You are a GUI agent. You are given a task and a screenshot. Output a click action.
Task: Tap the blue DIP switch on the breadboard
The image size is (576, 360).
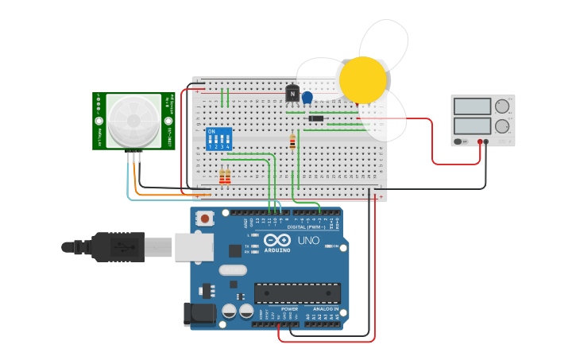(218, 139)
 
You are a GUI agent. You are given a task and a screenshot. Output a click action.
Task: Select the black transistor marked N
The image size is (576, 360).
(292, 95)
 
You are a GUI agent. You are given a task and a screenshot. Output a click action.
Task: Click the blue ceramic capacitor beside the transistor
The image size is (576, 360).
(307, 98)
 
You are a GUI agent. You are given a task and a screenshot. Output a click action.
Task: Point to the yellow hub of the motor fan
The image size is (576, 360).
(362, 79)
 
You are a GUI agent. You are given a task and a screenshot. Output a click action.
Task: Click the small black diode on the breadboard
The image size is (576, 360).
(315, 119)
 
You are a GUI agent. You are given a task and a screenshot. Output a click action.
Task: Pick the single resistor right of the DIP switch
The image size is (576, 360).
(292, 143)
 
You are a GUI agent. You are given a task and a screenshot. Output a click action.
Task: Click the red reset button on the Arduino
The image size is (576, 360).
(205, 218)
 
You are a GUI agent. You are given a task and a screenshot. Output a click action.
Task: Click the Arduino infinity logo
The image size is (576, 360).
(277, 240)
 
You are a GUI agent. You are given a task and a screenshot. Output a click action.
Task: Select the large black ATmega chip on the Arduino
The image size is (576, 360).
(297, 293)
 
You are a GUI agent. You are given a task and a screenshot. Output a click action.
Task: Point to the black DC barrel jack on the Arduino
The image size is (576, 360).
(200, 314)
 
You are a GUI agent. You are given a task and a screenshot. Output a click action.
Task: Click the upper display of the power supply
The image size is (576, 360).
(472, 106)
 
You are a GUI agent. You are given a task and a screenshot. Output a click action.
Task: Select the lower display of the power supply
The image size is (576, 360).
(472, 126)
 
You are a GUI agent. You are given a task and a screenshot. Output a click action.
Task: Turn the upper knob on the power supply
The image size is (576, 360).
(502, 106)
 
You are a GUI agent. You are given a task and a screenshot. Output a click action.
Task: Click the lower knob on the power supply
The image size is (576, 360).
(502, 126)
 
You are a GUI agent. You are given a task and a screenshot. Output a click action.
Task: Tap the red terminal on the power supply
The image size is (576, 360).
(481, 141)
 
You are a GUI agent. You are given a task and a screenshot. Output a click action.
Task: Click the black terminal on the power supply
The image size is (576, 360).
(486, 141)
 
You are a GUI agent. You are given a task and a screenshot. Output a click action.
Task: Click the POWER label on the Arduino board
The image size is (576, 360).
(289, 309)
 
